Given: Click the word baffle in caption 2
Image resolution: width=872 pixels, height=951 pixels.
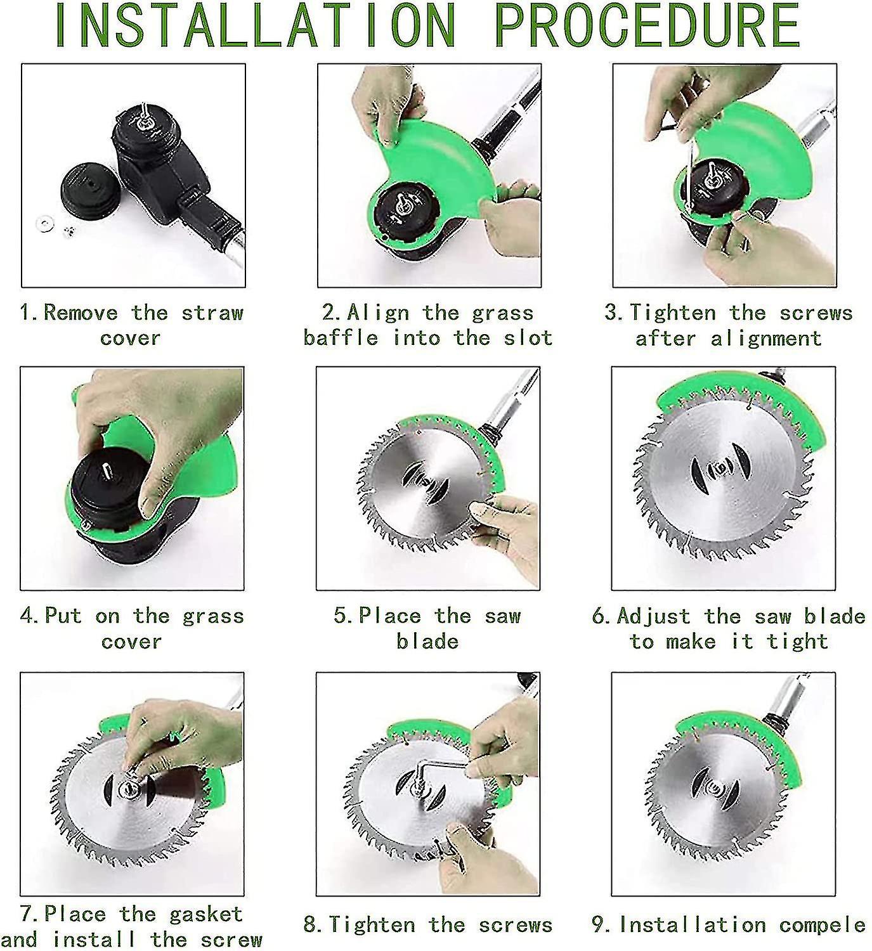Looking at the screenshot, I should [x=340, y=338].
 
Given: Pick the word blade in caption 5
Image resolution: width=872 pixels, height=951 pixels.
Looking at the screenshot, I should [x=427, y=642].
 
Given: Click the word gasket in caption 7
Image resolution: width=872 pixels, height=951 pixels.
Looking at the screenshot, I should [x=205, y=914].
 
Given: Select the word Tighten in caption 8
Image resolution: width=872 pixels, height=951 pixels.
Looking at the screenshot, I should [x=372, y=924].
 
